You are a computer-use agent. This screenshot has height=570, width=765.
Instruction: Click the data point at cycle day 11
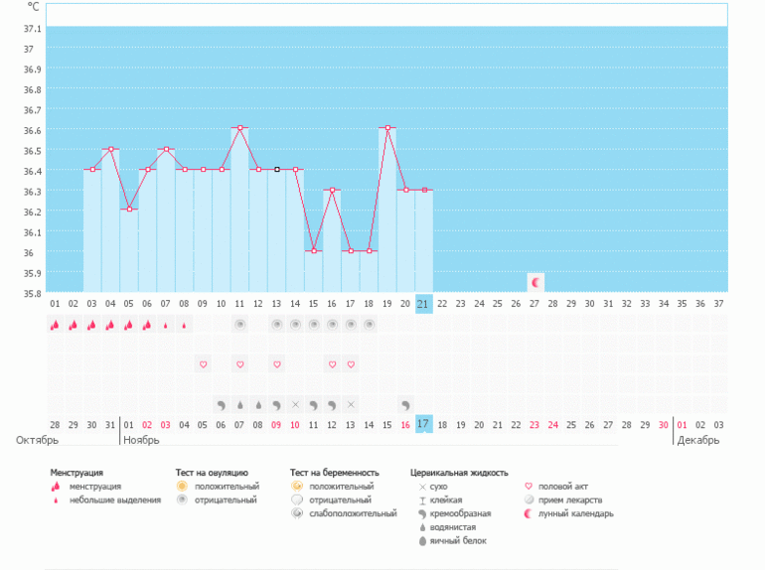pyautogui.click(x=239, y=128)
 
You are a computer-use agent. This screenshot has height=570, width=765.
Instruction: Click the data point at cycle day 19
pyautogui.click(x=387, y=128)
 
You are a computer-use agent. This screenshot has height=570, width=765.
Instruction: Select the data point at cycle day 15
pyautogui.click(x=314, y=250)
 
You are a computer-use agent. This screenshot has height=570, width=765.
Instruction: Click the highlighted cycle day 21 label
pyautogui.click(x=424, y=303)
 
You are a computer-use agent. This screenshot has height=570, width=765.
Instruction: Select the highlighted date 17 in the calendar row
pyautogui.click(x=424, y=424)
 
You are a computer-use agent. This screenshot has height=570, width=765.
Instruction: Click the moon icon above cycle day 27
pyautogui.click(x=535, y=282)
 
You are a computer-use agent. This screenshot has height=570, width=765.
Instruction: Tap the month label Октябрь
pyautogui.click(x=37, y=439)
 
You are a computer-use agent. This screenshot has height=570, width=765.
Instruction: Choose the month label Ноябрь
pyautogui.click(x=141, y=439)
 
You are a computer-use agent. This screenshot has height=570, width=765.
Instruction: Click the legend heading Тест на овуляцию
pyautogui.click(x=212, y=473)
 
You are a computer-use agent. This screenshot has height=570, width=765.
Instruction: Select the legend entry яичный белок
pyautogui.click(x=459, y=540)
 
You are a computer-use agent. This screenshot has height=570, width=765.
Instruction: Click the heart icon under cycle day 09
pyautogui.click(x=203, y=364)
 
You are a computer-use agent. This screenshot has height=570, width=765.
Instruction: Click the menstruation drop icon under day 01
pyautogui.click(x=55, y=325)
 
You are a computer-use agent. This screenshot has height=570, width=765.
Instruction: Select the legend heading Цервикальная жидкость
pyautogui.click(x=459, y=473)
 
